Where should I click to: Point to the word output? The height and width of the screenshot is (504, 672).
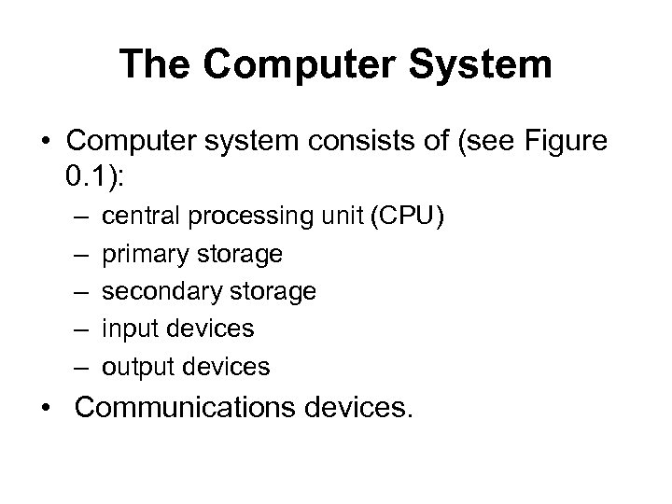point(133,367)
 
